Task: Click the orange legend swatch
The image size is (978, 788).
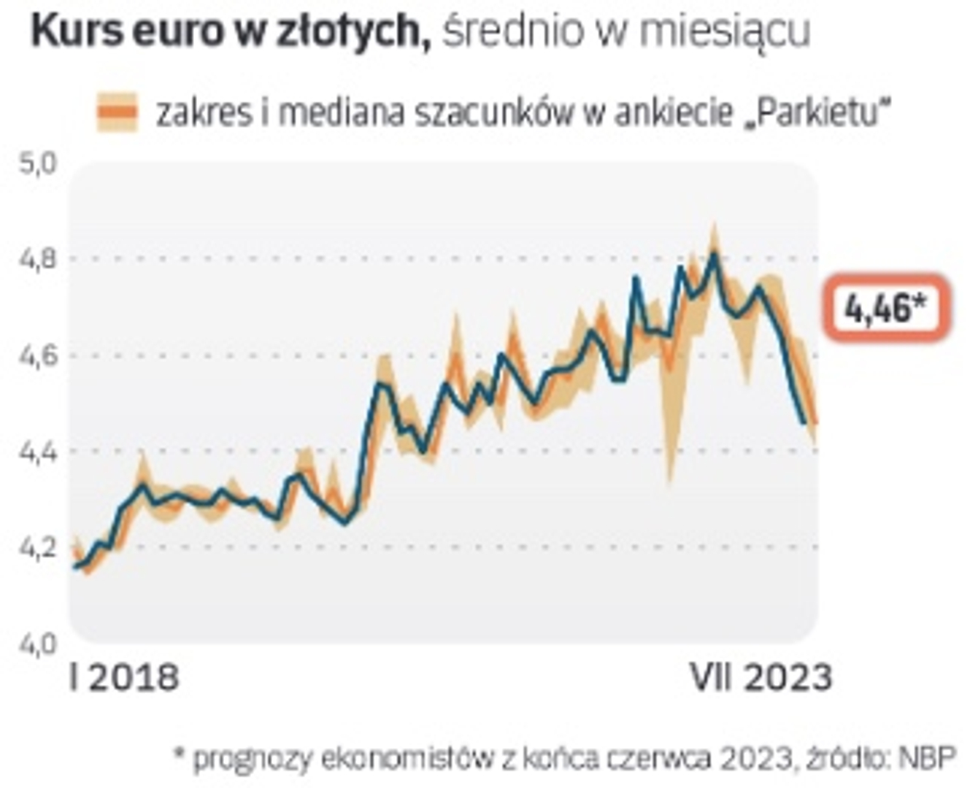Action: click(x=117, y=112)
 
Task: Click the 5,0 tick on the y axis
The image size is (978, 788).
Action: click(x=36, y=163)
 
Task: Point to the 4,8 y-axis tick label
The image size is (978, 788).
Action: click(x=36, y=259)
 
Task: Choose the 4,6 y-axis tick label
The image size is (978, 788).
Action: click(x=36, y=356)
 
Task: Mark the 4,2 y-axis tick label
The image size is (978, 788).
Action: click(x=36, y=548)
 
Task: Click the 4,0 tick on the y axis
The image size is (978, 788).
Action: click(x=36, y=644)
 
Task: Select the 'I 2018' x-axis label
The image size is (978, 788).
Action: click(x=124, y=678)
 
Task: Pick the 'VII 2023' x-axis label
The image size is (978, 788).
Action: click(x=761, y=678)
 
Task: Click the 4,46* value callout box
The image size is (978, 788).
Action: click(x=886, y=308)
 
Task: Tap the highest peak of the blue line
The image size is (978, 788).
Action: click(x=715, y=254)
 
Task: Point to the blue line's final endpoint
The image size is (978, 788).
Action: click(x=804, y=422)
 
